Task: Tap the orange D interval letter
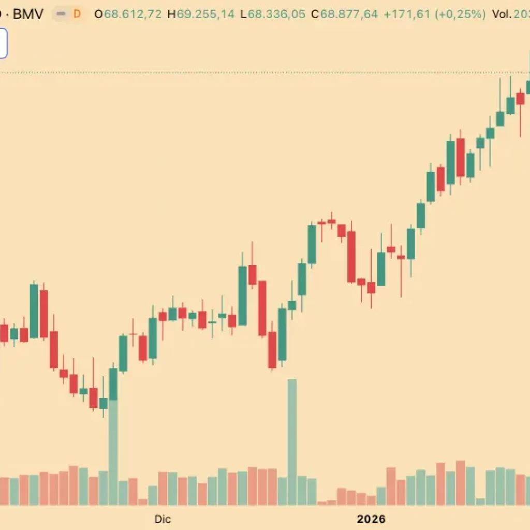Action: (x=77, y=14)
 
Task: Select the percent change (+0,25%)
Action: (x=461, y=14)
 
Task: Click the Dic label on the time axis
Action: (x=163, y=519)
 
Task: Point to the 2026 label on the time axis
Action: (x=371, y=519)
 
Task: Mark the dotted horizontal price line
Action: (x=259, y=72)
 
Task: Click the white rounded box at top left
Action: (x=3, y=43)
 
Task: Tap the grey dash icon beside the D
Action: (x=61, y=14)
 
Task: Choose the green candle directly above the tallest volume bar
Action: (x=113, y=384)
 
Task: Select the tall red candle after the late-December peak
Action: (x=351, y=257)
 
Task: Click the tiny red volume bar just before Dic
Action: (x=143, y=502)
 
